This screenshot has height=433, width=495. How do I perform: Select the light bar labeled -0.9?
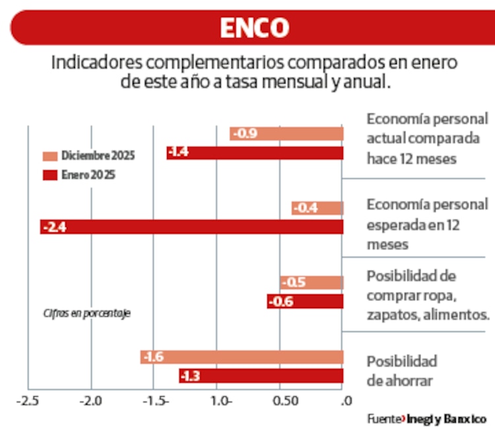[x=286, y=134]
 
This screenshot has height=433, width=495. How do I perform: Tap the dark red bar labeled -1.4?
[x=255, y=153]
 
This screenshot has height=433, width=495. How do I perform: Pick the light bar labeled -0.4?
[x=317, y=209]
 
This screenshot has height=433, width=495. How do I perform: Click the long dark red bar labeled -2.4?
[x=191, y=227]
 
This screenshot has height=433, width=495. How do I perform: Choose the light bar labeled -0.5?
[x=312, y=283]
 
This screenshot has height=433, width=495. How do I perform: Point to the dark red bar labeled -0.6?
[x=305, y=302]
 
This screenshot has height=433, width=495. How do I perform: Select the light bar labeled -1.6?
[x=242, y=357]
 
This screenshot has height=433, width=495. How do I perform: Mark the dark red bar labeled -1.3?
[x=261, y=376]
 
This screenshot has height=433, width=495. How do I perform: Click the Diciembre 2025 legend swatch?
[x=50, y=156]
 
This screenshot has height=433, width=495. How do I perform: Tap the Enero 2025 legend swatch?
[x=50, y=176]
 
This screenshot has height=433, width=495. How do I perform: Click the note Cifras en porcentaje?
[x=86, y=313]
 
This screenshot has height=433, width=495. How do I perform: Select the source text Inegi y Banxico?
[x=446, y=419]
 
